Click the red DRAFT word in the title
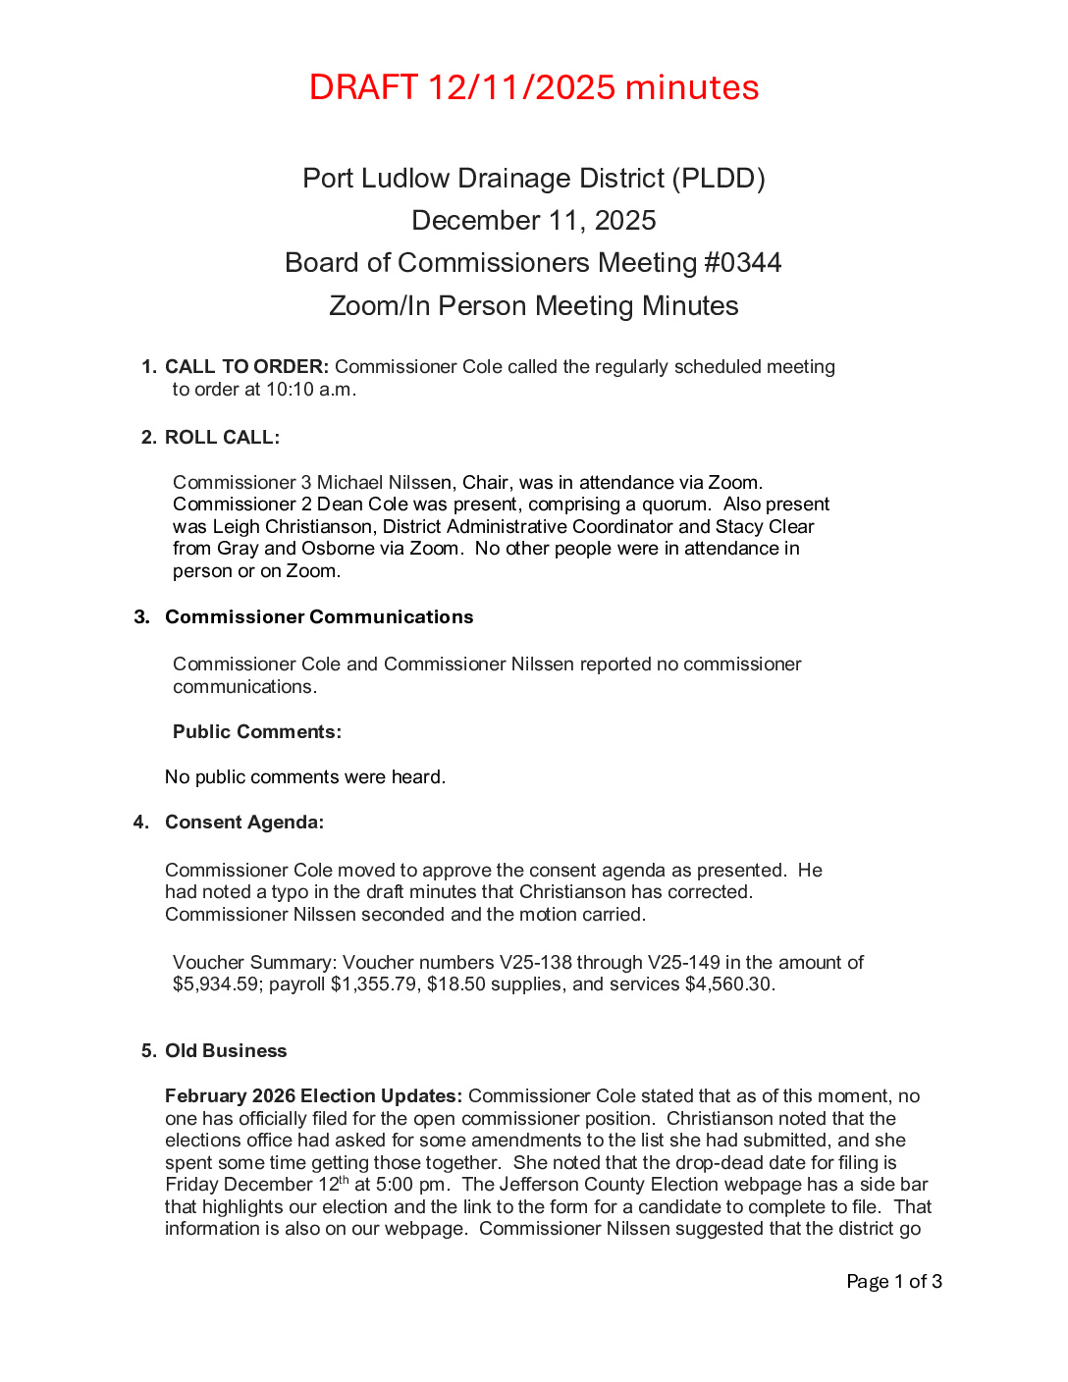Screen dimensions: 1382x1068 (x=363, y=87)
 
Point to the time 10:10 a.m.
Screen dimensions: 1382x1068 (x=311, y=390)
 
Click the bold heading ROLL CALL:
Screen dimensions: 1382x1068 (x=222, y=438)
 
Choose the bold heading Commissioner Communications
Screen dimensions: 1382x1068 (x=319, y=617)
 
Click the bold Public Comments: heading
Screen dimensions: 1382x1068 (x=257, y=732)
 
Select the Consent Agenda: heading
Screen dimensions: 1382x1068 (x=244, y=823)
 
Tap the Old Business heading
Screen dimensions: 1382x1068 (x=226, y=1051)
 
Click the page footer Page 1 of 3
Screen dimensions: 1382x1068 (x=894, y=1282)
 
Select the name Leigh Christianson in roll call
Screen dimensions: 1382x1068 (x=293, y=527)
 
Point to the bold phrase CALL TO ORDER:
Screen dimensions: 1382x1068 (x=246, y=367)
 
